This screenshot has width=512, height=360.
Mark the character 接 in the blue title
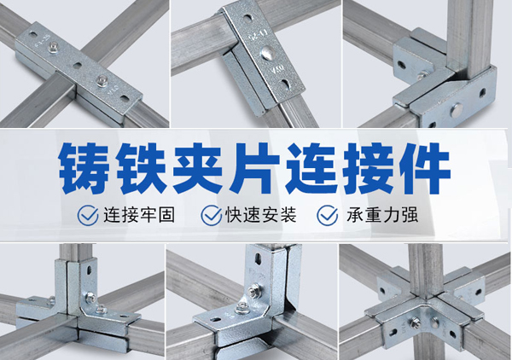click(x=367, y=168)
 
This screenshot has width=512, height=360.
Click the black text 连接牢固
click(x=139, y=215)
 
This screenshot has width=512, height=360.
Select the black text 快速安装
click(x=261, y=215)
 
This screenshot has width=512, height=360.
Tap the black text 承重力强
click(x=382, y=215)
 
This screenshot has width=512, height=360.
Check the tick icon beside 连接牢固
click(x=88, y=216)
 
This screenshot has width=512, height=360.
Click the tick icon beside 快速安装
click(x=212, y=216)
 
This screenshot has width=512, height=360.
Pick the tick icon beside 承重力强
click(x=328, y=216)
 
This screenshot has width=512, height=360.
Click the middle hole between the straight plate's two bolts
click(x=78, y=66)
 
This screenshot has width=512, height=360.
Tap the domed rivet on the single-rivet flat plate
click(x=268, y=52)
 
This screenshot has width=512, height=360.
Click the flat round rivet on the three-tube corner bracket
click(x=457, y=111)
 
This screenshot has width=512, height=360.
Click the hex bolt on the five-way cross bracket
click(x=414, y=322)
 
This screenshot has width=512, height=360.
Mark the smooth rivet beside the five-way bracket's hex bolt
click(x=434, y=322)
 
